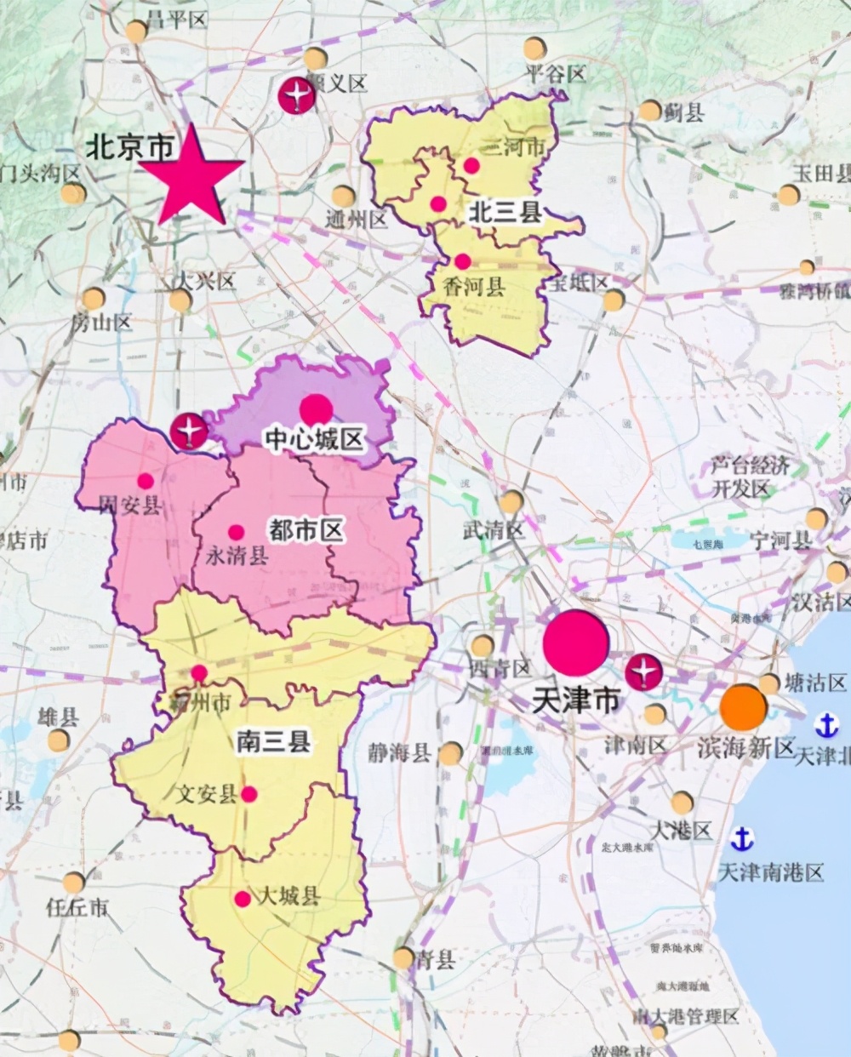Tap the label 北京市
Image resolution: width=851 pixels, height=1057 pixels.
(129, 146)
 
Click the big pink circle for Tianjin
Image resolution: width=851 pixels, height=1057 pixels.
(576, 643)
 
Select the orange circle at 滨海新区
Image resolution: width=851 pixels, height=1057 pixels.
(743, 707)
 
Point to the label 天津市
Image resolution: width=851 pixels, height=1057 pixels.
(575, 700)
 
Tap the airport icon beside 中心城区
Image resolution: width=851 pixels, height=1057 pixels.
(188, 431)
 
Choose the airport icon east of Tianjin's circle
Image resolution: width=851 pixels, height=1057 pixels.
(644, 672)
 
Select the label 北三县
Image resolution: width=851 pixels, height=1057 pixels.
(506, 212)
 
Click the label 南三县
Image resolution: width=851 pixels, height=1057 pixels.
(272, 742)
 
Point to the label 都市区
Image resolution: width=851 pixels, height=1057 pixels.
(306, 530)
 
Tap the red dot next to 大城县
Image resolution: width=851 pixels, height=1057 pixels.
(243, 899)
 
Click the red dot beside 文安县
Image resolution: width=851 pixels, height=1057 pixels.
(249, 794)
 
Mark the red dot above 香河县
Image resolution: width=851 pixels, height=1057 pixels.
(462, 261)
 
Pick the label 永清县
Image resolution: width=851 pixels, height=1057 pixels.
(237, 556)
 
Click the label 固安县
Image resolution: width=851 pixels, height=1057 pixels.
(129, 506)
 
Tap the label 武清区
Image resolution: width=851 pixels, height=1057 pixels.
(494, 529)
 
